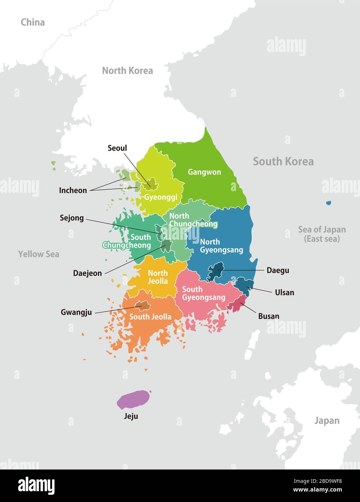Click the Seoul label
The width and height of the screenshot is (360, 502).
(x=117, y=148)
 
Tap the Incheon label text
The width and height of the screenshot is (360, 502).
(x=73, y=190)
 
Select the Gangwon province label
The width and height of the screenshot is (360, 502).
(x=204, y=172)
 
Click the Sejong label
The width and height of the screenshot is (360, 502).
(x=72, y=218)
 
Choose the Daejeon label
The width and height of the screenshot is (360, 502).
(x=87, y=273)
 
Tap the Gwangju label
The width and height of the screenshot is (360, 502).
(x=76, y=312)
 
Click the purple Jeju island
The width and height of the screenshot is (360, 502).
(x=133, y=399)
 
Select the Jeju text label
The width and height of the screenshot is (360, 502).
(x=131, y=416)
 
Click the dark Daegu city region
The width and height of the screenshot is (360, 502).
(x=216, y=271)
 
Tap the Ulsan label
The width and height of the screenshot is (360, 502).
(x=285, y=292)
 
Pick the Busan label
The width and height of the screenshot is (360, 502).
(x=269, y=316)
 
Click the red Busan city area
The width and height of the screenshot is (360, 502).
(x=238, y=304)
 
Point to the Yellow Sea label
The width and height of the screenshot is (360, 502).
(x=39, y=254)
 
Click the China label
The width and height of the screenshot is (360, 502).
(x=33, y=22)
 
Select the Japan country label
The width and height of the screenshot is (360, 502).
(x=327, y=420)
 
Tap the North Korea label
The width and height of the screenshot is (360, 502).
(x=127, y=70)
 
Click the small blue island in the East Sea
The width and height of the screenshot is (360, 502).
(x=328, y=203)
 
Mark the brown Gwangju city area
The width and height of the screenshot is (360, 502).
(x=143, y=306)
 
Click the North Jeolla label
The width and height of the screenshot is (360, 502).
(x=158, y=277)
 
